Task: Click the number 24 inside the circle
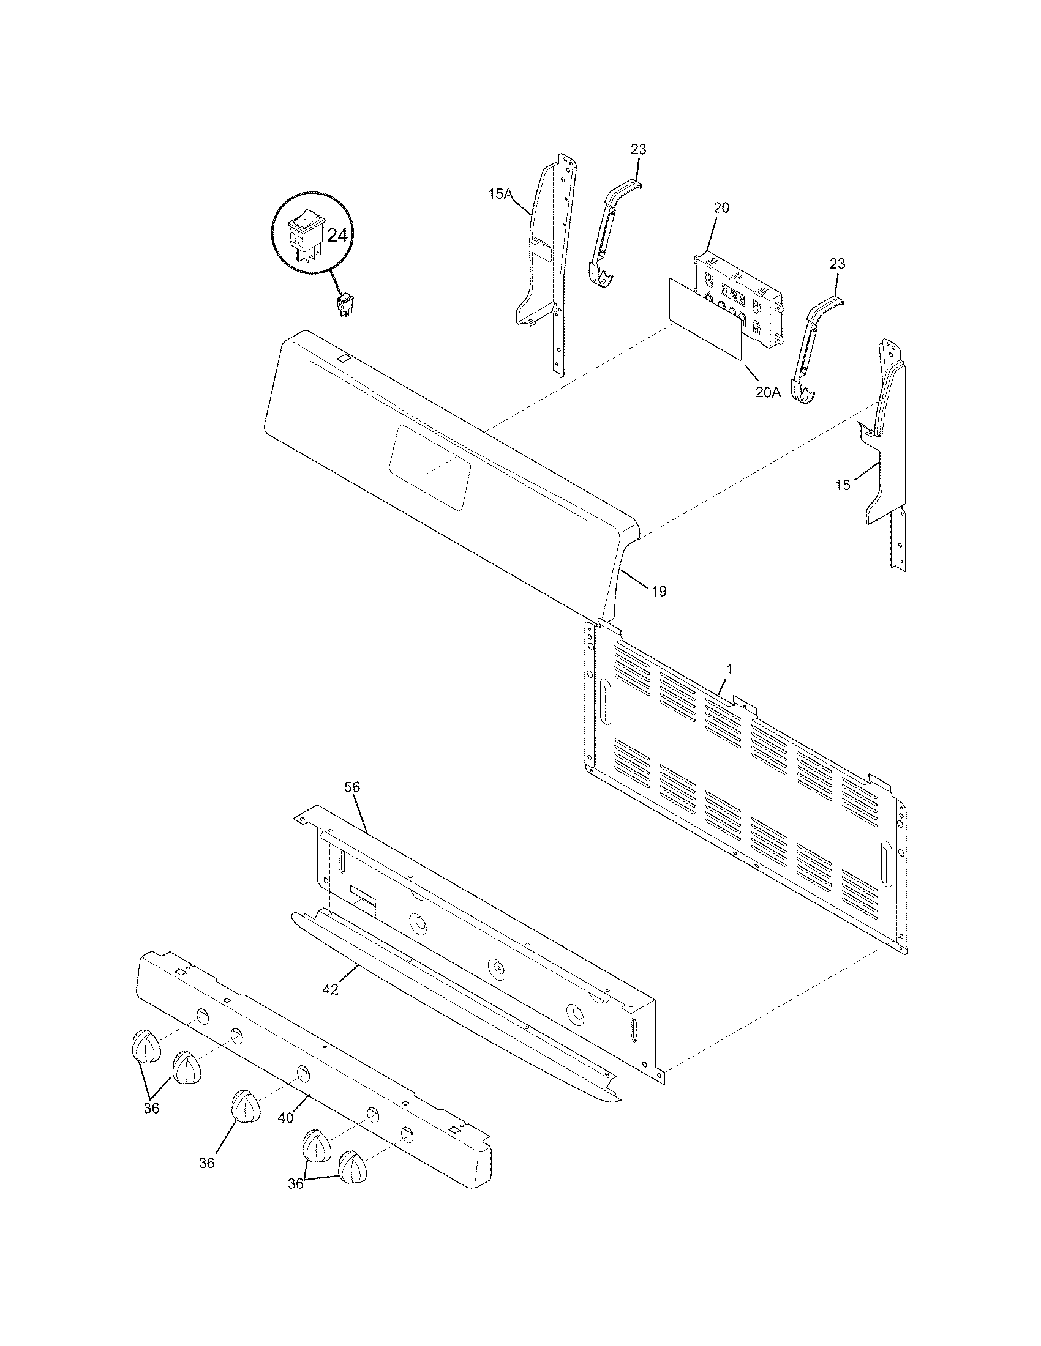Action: pos(337,236)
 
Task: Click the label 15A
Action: pos(500,195)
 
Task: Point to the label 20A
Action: pos(768,392)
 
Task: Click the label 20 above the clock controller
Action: pos(721,207)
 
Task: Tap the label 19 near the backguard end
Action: pos(659,592)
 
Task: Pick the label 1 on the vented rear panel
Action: pos(729,668)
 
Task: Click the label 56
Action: pos(352,787)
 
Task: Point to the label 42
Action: pos(331,989)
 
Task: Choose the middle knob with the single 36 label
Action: pos(246,1106)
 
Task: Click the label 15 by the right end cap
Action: pos(843,485)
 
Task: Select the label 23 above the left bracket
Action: pos(638,149)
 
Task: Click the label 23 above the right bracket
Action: pos(837,264)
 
